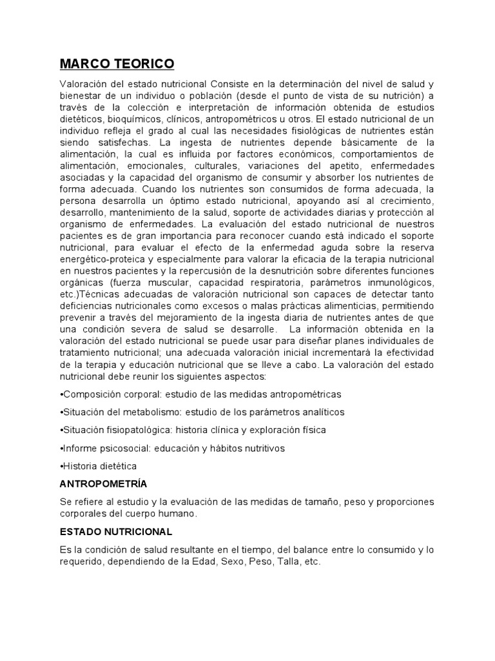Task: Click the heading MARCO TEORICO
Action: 117,64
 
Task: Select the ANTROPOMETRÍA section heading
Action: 103,483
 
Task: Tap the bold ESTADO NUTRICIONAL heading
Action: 116,531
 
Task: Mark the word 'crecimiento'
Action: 405,201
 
